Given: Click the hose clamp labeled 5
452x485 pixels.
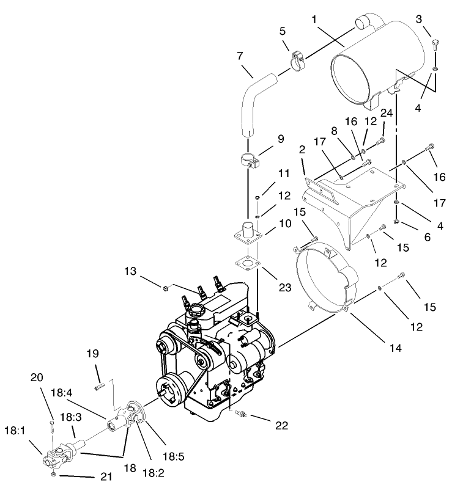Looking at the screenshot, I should point(295,62).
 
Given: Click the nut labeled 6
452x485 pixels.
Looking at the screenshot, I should point(396,222).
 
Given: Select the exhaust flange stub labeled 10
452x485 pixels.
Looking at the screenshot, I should point(248,231).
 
